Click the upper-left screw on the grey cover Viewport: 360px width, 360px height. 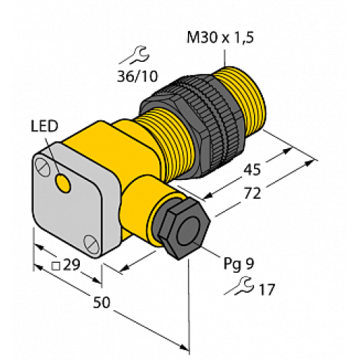tap(44, 167)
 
